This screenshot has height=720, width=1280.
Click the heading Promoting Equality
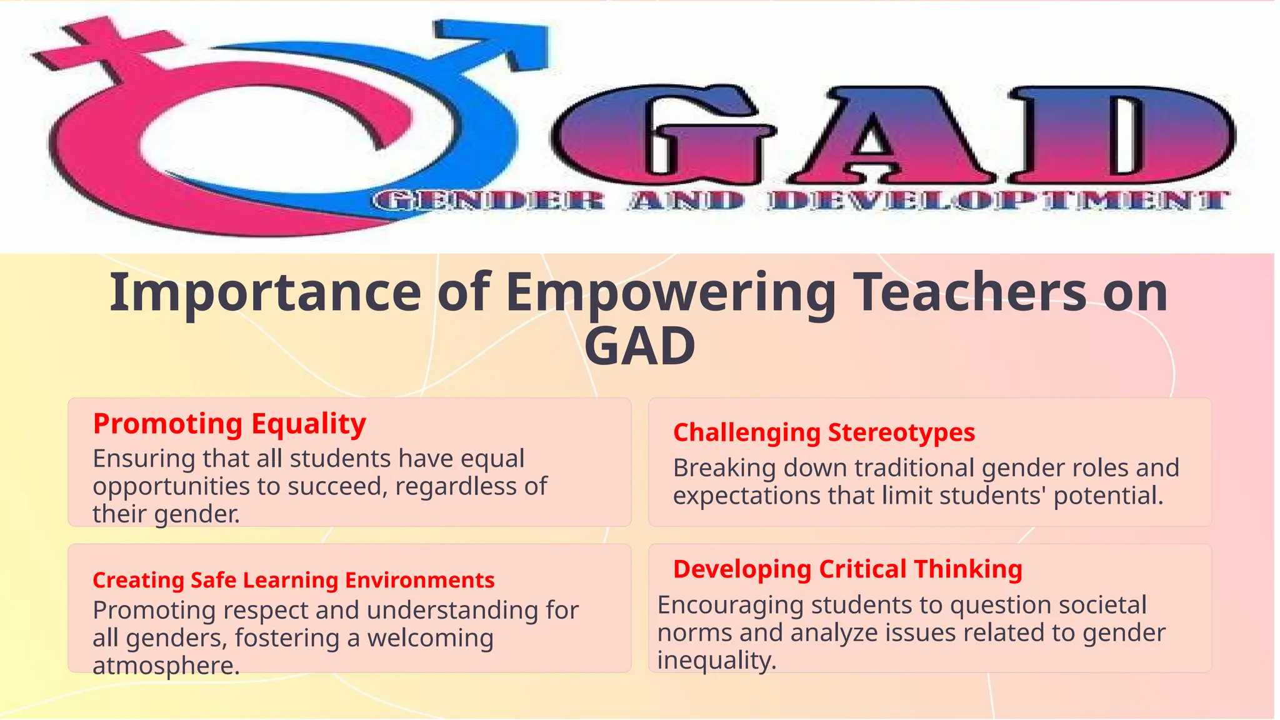[x=229, y=424]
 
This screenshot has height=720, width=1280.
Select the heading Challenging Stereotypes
[x=823, y=432]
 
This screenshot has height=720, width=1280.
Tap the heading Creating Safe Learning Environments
[x=293, y=580]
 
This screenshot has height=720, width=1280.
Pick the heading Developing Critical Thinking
[x=847, y=569]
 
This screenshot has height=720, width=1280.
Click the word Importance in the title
[x=265, y=292]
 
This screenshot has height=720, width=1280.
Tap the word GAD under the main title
[x=639, y=347]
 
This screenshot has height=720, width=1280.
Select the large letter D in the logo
[x=1119, y=132]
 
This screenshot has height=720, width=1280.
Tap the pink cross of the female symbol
[x=103, y=47]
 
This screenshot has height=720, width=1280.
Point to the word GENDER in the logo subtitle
[x=489, y=201]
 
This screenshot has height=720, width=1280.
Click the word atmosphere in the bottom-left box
[x=166, y=666]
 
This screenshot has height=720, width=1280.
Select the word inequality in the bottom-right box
[x=716, y=661]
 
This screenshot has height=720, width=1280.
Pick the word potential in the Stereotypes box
[x=1107, y=496]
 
